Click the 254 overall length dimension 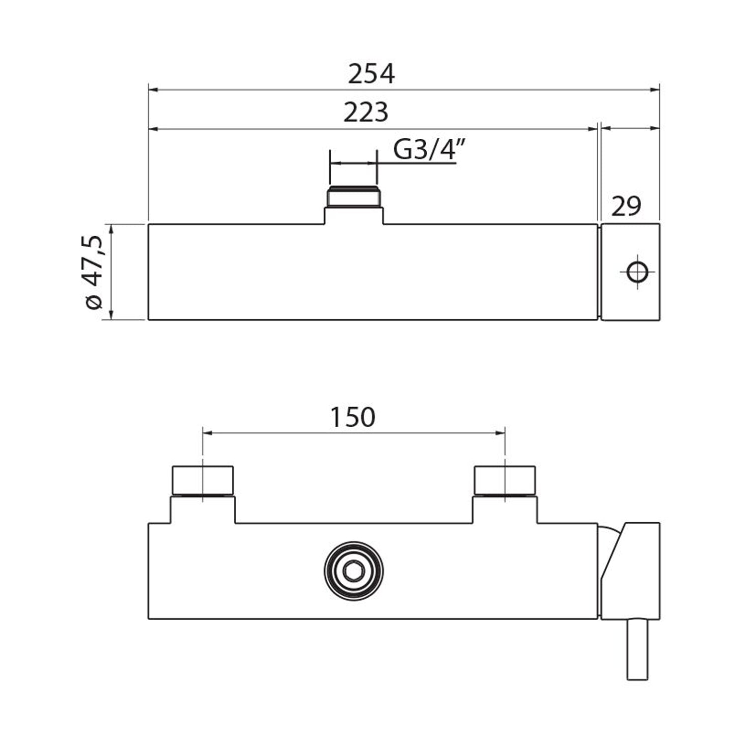coord(371,74)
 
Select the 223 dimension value coord(366,112)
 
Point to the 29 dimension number coord(626,206)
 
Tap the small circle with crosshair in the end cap coord(637,272)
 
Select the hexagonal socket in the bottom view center coord(354,571)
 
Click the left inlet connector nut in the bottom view coord(202,480)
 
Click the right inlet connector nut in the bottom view coord(505,480)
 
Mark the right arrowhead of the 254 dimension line coord(655,90)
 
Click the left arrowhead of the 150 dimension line coord(207,433)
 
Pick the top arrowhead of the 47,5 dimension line coord(111,228)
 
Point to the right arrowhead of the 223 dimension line coord(593,129)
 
